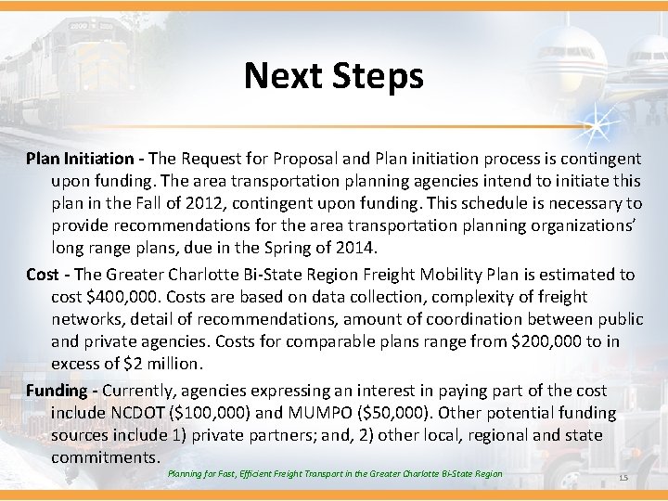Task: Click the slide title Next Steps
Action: click(x=333, y=75)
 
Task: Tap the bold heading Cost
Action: click(x=42, y=274)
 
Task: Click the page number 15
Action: click(x=623, y=478)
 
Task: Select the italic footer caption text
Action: click(x=335, y=474)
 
